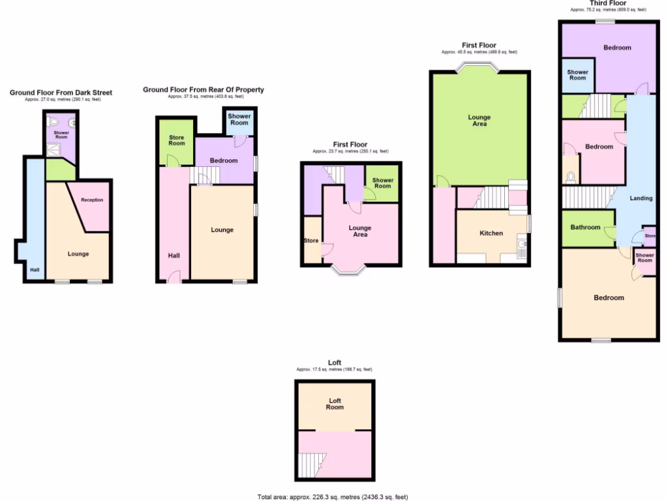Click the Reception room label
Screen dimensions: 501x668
tap(92, 200)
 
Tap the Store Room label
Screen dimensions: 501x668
tap(177, 140)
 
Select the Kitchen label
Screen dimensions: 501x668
tap(491, 233)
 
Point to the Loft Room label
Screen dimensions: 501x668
tap(335, 404)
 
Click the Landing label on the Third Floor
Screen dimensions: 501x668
tap(641, 198)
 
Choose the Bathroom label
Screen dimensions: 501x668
tap(585, 227)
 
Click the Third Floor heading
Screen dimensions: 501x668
tap(607, 3)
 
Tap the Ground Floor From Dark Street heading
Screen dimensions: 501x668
tap(61, 93)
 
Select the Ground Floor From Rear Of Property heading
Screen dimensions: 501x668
tap(204, 89)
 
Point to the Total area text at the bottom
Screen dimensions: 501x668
tap(333, 496)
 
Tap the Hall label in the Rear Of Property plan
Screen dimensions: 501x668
tap(174, 256)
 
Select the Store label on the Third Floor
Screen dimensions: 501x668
tap(650, 235)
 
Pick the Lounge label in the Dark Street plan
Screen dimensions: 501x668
tap(78, 254)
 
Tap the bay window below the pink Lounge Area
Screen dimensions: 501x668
tap(350, 269)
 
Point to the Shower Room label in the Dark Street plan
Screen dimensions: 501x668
tap(61, 135)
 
